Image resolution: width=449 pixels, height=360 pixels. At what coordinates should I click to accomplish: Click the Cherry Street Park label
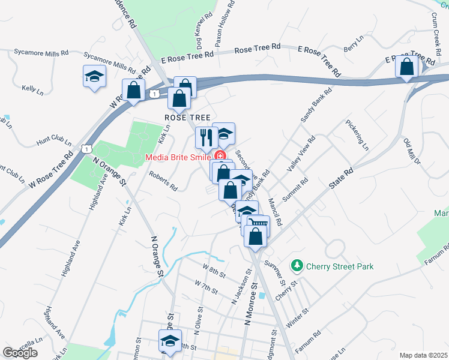339,266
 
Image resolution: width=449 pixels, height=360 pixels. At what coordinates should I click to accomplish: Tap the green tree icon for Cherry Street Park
296,265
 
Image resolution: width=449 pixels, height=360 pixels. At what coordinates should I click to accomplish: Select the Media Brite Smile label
177,158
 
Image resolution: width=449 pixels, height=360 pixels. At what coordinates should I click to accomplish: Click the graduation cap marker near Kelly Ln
95,76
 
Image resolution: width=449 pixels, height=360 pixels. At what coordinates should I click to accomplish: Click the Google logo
20,353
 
